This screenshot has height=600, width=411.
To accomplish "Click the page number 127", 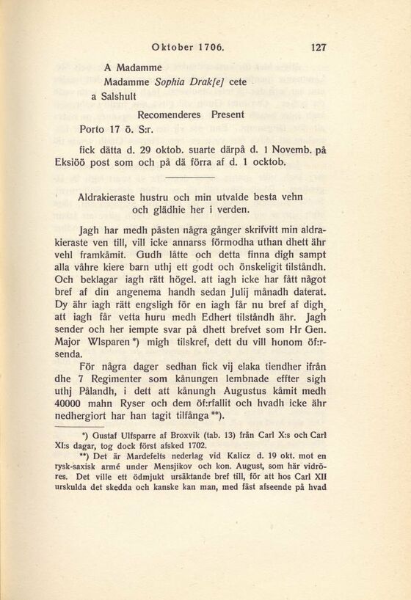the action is pos(319,48).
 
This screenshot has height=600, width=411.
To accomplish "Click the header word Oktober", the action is pos(171,48).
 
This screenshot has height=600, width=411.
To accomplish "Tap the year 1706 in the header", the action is pos(211,48).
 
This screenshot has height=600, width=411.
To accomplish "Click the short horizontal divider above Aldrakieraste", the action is pos(189,178).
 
